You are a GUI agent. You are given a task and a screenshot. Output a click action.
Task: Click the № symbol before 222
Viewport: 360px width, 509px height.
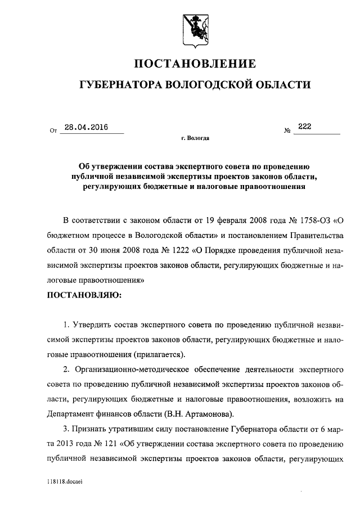pos(287,131)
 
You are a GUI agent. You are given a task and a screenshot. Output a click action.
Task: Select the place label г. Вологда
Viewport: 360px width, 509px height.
pos(195,138)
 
